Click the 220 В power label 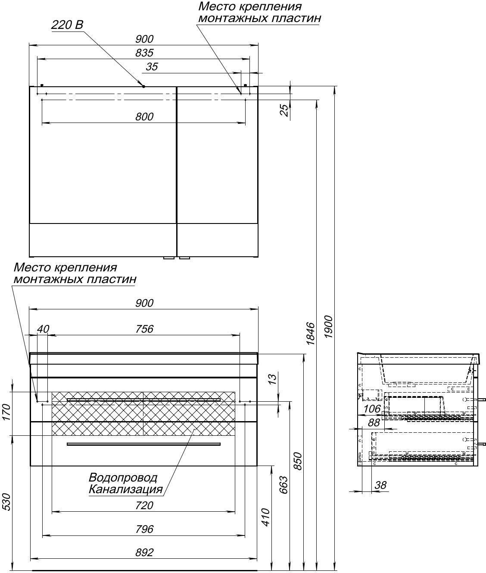[x=67, y=25]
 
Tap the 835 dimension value [x=144, y=53]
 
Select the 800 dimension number [x=144, y=116]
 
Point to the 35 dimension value [x=152, y=67]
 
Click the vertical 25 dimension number [x=284, y=110]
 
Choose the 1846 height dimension [x=311, y=334]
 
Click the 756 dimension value [x=144, y=329]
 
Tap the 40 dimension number [x=43, y=329]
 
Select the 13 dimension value [x=272, y=379]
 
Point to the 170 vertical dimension [x=6, y=412]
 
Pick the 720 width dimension [x=144, y=505]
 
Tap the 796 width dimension [x=144, y=529]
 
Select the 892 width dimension [x=144, y=552]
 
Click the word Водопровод [x=123, y=478]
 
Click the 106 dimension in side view [x=372, y=409]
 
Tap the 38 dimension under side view [x=380, y=485]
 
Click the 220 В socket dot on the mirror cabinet [x=143, y=86]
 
